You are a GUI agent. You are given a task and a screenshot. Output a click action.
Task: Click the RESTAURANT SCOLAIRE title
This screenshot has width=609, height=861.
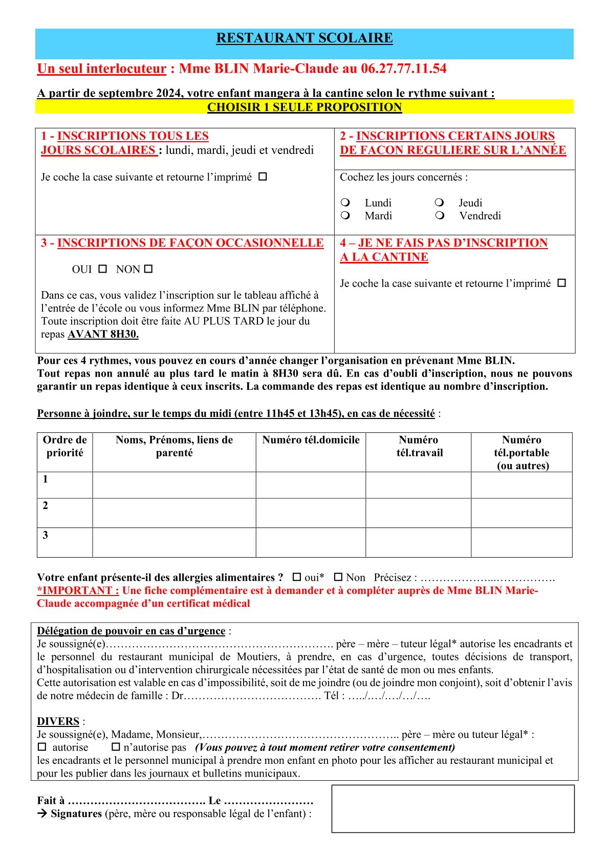click(x=304, y=38)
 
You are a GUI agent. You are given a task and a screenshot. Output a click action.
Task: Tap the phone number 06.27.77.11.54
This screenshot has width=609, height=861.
click(x=404, y=69)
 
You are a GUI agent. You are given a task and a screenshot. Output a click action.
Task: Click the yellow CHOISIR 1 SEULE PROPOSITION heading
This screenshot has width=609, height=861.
click(x=304, y=107)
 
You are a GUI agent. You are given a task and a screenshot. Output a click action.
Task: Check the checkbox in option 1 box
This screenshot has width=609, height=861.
click(x=263, y=176)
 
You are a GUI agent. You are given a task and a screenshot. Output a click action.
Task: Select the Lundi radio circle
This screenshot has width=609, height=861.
click(x=345, y=203)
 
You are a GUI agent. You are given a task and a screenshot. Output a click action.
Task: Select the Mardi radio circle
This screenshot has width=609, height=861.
click(x=345, y=215)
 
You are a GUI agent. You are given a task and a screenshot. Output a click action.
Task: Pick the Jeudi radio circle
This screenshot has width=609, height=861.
click(x=439, y=203)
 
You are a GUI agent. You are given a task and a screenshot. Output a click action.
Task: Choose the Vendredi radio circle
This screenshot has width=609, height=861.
click(x=439, y=215)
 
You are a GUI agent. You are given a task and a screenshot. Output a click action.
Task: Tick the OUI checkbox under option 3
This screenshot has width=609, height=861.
click(x=102, y=269)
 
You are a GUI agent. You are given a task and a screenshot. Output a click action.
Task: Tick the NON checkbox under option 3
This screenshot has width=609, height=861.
click(x=148, y=269)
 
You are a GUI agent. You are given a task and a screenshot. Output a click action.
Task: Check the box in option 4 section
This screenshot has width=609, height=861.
click(x=561, y=283)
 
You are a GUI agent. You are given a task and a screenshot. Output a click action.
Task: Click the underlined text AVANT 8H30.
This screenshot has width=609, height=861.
click(x=103, y=334)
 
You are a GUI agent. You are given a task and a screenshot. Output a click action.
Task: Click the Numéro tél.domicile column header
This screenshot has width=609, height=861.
click(x=311, y=440)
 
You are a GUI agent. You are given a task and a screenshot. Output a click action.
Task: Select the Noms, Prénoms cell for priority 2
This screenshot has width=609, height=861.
click(x=174, y=513)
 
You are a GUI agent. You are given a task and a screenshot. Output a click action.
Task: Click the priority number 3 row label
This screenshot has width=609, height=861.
click(x=46, y=535)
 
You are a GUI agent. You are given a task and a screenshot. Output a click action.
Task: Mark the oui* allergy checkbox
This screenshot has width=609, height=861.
click(x=297, y=577)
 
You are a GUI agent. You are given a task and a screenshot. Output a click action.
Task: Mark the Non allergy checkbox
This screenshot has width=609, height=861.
click(x=338, y=577)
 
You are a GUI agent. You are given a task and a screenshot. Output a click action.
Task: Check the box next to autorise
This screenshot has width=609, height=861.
click(x=42, y=747)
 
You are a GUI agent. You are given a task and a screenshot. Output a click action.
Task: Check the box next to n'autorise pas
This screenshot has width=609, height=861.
click(x=116, y=747)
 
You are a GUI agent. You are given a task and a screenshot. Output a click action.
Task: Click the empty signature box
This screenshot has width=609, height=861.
click(x=453, y=808)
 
